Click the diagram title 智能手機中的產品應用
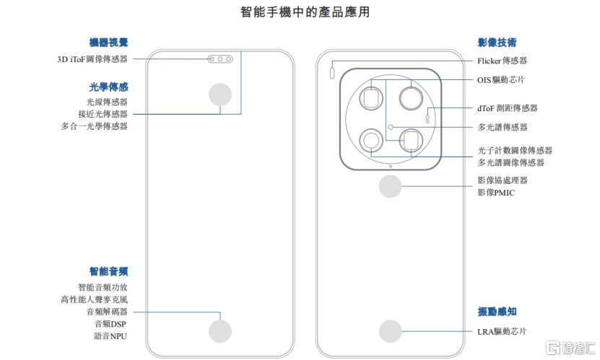pyautogui.click(x=300, y=12)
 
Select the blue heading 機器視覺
pyautogui.click(x=108, y=43)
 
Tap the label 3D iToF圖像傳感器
pyautogui.click(x=92, y=60)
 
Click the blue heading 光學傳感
pyautogui.click(x=108, y=86)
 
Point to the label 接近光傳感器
pyautogui.click(x=103, y=114)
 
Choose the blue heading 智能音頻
pyautogui.click(x=108, y=271)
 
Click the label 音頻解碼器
pyautogui.click(x=106, y=312)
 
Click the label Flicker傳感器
pyautogui.click(x=502, y=61)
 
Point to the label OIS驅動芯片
pyautogui.click(x=501, y=79)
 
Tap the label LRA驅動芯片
pyautogui.click(x=502, y=332)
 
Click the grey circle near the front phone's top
pyautogui.click(x=220, y=96)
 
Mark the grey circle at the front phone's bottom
pyautogui.click(x=220, y=331)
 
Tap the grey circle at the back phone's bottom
pyautogui.click(x=391, y=331)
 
